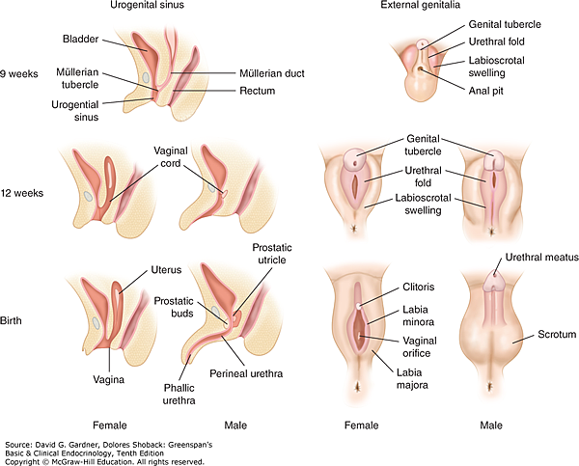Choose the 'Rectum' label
point(258,91)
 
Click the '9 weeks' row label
point(22,72)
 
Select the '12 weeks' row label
point(25,192)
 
